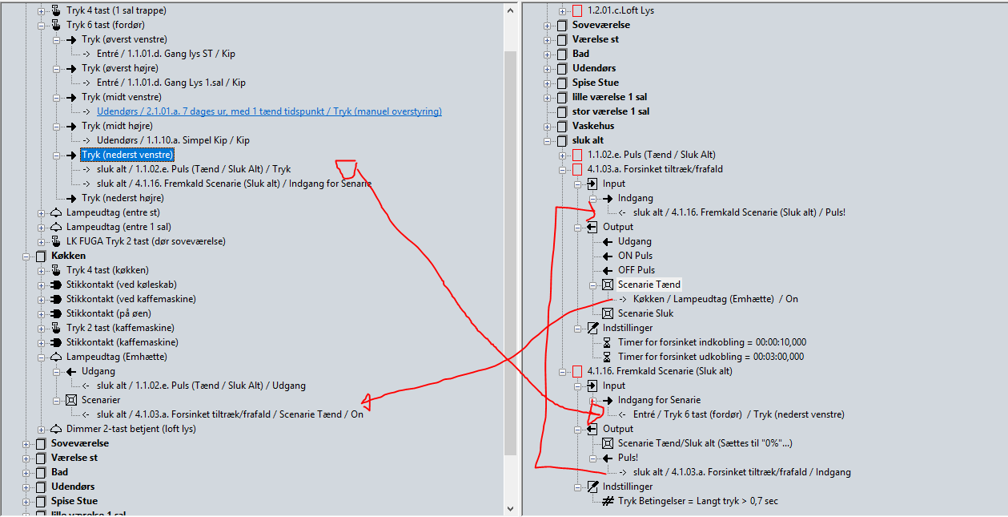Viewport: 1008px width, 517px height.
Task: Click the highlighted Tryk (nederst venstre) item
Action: click(x=127, y=155)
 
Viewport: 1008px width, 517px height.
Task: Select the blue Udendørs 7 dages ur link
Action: click(x=269, y=111)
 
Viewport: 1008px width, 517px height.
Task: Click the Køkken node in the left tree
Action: click(x=69, y=256)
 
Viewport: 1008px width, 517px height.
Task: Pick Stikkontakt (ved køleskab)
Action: click(x=120, y=285)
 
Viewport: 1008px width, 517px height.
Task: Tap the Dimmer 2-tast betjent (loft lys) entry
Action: click(x=131, y=429)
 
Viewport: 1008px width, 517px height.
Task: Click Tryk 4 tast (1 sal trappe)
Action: click(x=116, y=10)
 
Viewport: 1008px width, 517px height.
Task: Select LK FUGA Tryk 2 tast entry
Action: click(x=146, y=241)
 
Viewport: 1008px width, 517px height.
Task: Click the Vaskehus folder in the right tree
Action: click(x=593, y=126)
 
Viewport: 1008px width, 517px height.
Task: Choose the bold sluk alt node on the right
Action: click(x=588, y=140)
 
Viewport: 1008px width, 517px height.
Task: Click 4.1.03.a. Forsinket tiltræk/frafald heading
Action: click(x=655, y=169)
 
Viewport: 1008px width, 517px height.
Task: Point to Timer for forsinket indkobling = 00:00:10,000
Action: click(x=712, y=342)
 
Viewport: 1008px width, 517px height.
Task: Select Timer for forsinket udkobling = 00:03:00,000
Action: click(x=711, y=357)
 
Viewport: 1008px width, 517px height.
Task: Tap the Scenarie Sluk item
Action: click(x=645, y=313)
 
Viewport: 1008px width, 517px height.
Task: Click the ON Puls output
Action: click(x=635, y=256)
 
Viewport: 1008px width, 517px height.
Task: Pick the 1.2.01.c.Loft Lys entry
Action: click(x=620, y=10)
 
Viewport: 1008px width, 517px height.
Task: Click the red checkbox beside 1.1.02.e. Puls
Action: click(x=577, y=155)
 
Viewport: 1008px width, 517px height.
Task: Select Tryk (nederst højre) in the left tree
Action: click(x=124, y=198)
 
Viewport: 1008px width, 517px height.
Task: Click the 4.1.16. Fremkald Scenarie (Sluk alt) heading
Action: click(x=660, y=371)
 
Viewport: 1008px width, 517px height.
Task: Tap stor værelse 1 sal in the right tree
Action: click(x=611, y=111)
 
